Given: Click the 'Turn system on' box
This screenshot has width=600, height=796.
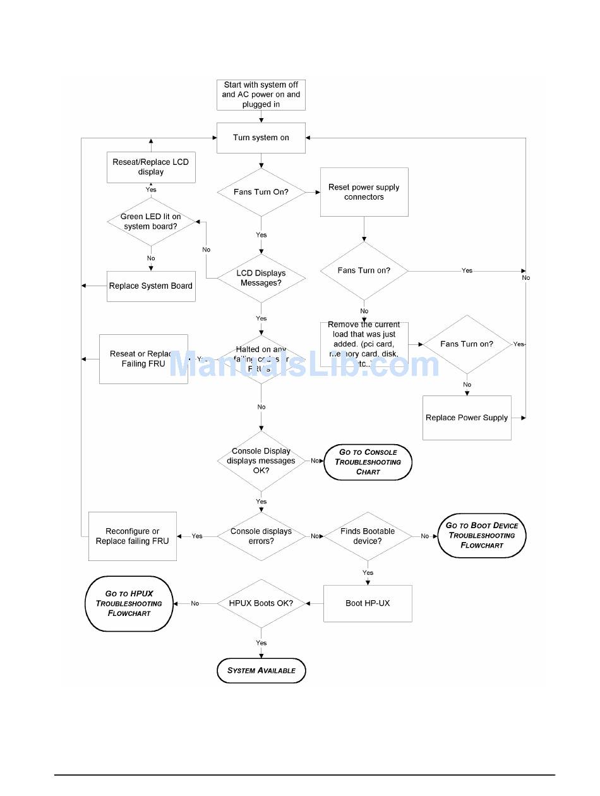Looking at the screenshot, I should [x=261, y=138].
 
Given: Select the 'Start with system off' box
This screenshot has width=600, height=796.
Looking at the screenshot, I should [x=261, y=95].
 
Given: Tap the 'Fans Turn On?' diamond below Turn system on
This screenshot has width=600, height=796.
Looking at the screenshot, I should [x=261, y=191].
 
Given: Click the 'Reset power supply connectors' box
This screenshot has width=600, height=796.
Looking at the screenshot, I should [x=364, y=192].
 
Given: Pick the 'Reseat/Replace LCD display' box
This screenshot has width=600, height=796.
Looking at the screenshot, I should [x=150, y=167].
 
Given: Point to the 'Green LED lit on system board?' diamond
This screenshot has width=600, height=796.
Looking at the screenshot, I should [x=150, y=221].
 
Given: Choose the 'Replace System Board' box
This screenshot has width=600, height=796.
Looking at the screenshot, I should [x=150, y=286].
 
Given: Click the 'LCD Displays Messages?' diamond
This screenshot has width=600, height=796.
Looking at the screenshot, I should [x=261, y=278].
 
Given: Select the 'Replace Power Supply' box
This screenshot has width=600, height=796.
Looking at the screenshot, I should [x=467, y=418].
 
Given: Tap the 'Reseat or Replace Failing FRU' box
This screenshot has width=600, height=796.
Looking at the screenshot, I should [x=143, y=359].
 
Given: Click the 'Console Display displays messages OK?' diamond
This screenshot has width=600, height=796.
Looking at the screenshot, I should [x=261, y=461].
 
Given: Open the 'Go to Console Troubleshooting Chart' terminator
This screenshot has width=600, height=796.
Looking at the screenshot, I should [x=368, y=462].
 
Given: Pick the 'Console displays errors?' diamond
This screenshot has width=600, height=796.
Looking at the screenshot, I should [x=261, y=536].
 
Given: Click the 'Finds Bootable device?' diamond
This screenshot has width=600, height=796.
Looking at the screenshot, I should [x=368, y=536].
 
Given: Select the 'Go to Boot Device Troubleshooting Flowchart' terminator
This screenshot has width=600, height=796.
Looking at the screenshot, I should [x=481, y=535].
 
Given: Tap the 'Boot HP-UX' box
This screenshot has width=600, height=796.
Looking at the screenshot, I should [x=368, y=603].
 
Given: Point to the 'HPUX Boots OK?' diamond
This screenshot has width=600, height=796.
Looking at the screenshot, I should [x=261, y=603].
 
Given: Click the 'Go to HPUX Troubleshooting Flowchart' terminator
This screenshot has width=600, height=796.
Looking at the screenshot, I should [x=129, y=603].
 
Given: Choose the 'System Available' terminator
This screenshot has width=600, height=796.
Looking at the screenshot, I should [x=261, y=670].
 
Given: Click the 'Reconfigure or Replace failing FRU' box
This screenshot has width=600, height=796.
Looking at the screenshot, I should [x=133, y=536].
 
